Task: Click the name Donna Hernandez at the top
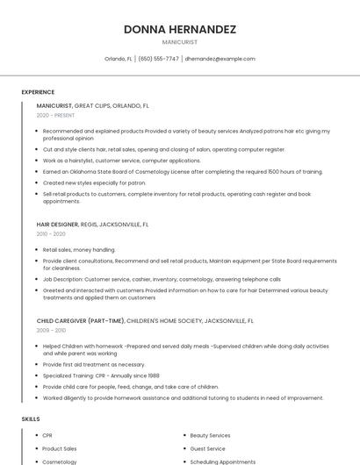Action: tap(180, 29)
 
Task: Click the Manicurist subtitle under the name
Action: tap(180, 42)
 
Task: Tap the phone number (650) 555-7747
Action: tap(158, 59)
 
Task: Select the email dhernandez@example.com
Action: tap(220, 59)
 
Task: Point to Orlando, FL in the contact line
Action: tap(119, 59)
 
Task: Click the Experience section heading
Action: tap(38, 91)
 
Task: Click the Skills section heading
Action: tap(31, 419)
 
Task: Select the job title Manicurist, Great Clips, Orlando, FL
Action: tap(92, 105)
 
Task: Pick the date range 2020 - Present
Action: tap(55, 115)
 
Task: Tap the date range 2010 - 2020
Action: tap(51, 233)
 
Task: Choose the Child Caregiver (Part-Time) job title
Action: tap(145, 321)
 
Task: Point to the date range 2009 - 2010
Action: tap(51, 331)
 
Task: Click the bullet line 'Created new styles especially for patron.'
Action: tap(94, 182)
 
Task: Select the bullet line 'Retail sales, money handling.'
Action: tap(79, 249)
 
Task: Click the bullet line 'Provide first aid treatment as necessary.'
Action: tap(94, 364)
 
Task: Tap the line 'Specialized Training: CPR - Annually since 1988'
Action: tap(101, 376)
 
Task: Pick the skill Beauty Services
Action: tap(210, 435)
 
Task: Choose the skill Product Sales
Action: tap(60, 448)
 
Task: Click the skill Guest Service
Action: tap(207, 448)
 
